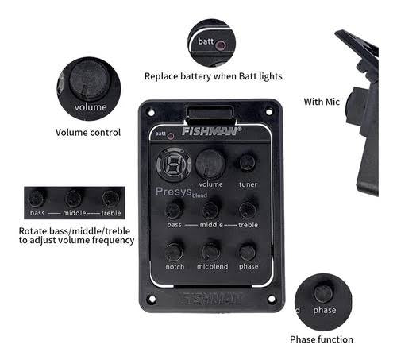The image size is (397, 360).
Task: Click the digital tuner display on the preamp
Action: (x=174, y=165)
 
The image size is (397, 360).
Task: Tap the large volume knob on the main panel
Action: (x=210, y=164)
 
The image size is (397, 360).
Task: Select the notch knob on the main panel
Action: (x=174, y=252)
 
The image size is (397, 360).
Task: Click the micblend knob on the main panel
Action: (x=211, y=252)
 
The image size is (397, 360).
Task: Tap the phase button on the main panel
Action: (x=248, y=252)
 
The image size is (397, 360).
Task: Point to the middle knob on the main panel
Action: (x=210, y=210)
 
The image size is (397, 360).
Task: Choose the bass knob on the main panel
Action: (x=174, y=211)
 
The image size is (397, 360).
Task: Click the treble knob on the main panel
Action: (x=248, y=210)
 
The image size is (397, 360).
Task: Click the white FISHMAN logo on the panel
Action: (x=211, y=131)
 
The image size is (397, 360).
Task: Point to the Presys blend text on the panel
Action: (x=181, y=192)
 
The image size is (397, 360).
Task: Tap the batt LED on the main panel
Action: (x=171, y=136)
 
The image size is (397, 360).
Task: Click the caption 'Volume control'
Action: (x=88, y=132)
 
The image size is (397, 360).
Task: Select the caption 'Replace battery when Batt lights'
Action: (x=214, y=76)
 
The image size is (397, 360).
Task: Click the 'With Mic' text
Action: (x=322, y=102)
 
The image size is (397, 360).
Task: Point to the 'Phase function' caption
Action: (x=322, y=339)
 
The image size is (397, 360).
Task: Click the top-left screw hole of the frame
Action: (x=151, y=113)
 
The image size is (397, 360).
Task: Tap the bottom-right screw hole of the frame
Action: (x=272, y=299)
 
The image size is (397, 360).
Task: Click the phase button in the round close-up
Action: (x=323, y=294)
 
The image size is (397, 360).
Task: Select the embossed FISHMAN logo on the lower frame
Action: (x=212, y=299)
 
